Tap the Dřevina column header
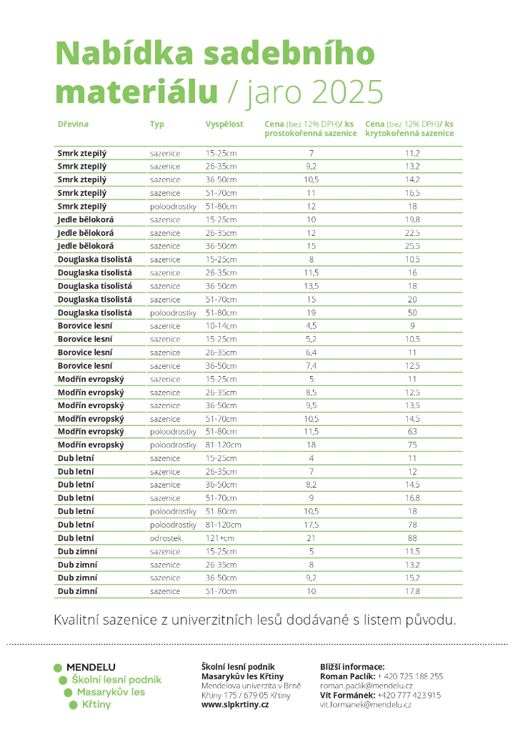pos(73,124)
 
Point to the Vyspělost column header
pos(224,124)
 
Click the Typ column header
pos(157,124)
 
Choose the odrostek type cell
pos(165,538)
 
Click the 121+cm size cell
pos(219,538)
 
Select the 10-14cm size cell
pos(221,326)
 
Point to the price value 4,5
pos(311,326)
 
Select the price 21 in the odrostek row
pos(311,538)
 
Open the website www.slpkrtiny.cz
pos(235,704)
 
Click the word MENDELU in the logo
pos(91,668)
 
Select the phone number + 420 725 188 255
pos(410,676)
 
